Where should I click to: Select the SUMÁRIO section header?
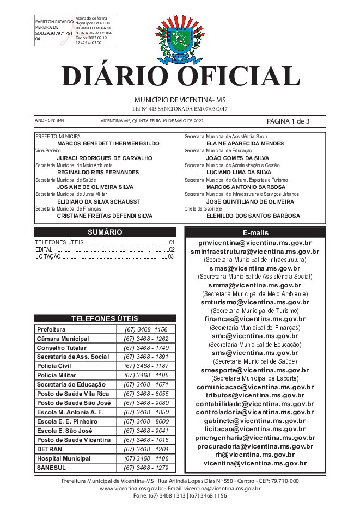pos(105,232)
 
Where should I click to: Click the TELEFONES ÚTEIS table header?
pos(105,318)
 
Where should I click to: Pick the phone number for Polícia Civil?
pos(145,366)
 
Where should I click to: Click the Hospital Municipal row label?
pos(64,458)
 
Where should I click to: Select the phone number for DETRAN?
pos(145,449)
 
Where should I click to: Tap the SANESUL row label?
pos(52,468)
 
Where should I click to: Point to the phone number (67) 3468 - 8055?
pos(145,394)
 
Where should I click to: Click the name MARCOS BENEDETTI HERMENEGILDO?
pos(108,143)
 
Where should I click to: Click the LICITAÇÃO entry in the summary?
pos(47,256)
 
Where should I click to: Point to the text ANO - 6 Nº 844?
pos(49,121)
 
